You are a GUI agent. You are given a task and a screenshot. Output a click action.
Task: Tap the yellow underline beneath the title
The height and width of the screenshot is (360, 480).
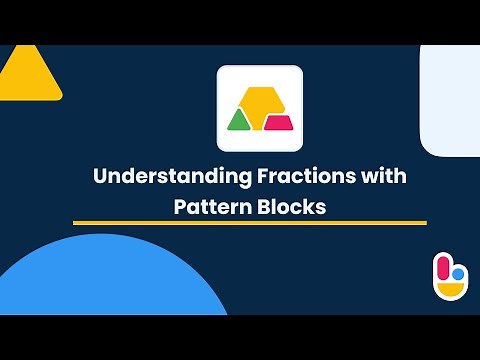tap(250, 223)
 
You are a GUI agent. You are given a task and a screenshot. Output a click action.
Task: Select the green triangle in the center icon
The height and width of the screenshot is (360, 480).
tap(239, 121)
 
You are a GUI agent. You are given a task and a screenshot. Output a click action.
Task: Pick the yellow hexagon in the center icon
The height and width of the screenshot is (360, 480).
tap(259, 101)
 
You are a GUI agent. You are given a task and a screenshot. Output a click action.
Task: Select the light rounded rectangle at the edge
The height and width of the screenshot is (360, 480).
tap(452, 100)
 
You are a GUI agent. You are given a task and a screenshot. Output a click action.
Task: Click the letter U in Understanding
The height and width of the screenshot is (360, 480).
tap(100, 177)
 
